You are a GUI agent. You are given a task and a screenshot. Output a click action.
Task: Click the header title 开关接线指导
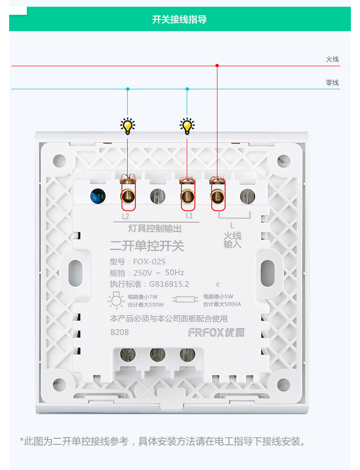[x=180, y=20]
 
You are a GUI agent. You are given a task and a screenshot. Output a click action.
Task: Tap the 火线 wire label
[x=332, y=59]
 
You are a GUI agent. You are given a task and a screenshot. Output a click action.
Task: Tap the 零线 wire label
[x=332, y=83]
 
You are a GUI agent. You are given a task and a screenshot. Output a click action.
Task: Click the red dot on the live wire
[x=217, y=65]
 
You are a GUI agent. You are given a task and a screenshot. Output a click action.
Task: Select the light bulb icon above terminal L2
[x=127, y=126]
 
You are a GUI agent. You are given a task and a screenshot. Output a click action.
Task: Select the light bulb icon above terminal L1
[x=187, y=126]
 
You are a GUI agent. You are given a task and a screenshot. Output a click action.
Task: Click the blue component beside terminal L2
[x=98, y=196]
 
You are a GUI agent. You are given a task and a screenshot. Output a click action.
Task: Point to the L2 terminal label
[x=126, y=216]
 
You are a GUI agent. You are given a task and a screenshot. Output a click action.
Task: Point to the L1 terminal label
[x=189, y=216]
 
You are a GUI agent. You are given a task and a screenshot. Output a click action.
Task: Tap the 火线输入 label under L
[x=232, y=240]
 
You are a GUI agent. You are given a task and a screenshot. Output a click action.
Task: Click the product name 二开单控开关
[x=147, y=246]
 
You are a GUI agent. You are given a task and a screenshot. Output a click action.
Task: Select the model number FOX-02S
[x=149, y=262]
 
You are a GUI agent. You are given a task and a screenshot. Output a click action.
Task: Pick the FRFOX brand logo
[x=216, y=332]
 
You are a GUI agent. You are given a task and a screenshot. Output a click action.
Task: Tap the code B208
[x=120, y=332]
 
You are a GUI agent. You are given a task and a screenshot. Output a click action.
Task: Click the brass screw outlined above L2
[x=128, y=194]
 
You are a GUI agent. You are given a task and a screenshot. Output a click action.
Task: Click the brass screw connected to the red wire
[x=218, y=194]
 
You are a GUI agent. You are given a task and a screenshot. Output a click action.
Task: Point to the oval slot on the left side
[x=76, y=273]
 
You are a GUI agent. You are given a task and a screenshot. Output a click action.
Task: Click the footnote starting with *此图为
[x=162, y=441]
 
